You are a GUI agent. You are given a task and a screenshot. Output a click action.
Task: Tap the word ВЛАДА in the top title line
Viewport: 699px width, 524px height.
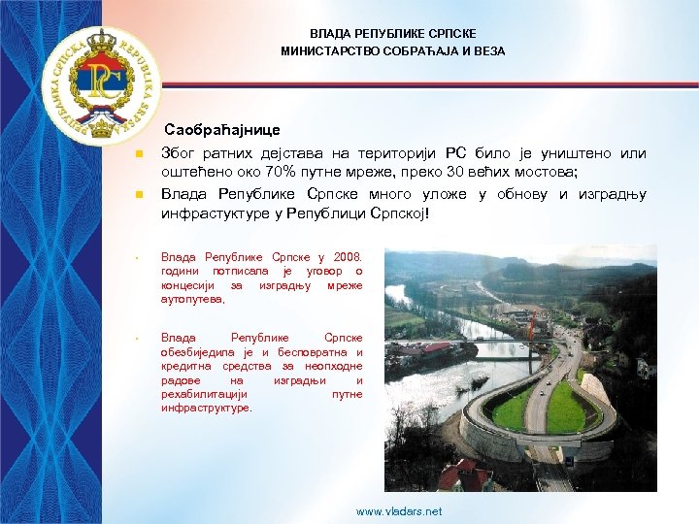pyautogui.click(x=329, y=32)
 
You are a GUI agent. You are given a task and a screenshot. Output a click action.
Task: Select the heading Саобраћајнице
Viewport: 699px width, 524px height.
pyautogui.click(x=222, y=129)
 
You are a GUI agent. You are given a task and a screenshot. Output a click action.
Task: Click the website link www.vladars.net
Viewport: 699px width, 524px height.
pyautogui.click(x=399, y=511)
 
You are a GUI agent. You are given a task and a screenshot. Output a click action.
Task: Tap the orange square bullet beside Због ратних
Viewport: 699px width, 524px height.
pyautogui.click(x=138, y=154)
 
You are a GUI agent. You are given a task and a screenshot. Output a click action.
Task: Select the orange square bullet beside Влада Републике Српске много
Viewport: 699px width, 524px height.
pyautogui.click(x=138, y=194)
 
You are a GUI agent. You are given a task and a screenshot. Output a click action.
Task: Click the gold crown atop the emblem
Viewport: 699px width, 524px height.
pyautogui.click(x=100, y=43)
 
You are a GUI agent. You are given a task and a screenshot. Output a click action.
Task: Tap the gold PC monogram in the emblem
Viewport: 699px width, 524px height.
pyautogui.click(x=100, y=82)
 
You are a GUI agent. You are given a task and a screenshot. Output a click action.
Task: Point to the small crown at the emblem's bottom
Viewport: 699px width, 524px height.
pyautogui.click(x=100, y=123)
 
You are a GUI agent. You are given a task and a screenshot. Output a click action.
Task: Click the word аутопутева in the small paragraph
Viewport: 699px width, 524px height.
pyautogui.click(x=193, y=300)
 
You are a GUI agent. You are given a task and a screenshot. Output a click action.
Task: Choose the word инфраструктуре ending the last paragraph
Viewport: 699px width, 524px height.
pyautogui.click(x=206, y=409)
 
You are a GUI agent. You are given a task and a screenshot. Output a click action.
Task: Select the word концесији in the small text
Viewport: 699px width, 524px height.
pyautogui.click(x=189, y=286)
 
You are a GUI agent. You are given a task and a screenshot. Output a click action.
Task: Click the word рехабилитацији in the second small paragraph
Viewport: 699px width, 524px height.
pyautogui.click(x=204, y=395)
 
